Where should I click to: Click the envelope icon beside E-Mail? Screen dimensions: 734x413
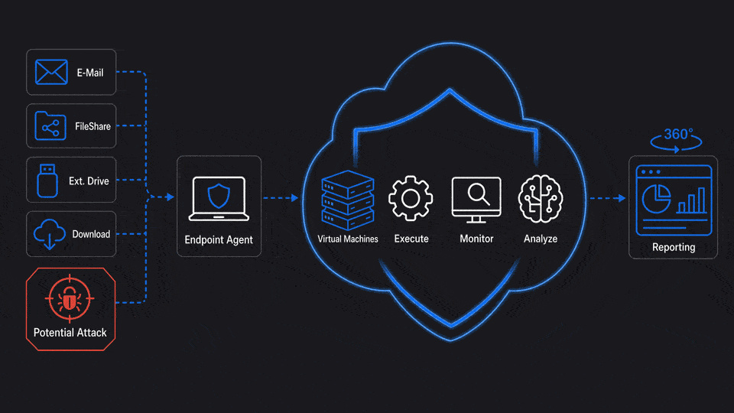pyautogui.click(x=51, y=72)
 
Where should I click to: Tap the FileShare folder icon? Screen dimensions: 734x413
pyautogui.click(x=50, y=126)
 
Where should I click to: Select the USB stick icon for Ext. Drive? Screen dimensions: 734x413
pyautogui.click(x=47, y=180)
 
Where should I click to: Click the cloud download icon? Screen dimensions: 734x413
pyautogui.click(x=49, y=234)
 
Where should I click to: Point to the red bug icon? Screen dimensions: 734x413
pyautogui.click(x=70, y=299)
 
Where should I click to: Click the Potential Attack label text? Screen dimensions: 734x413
pyautogui.click(x=70, y=333)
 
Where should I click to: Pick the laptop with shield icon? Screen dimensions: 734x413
pyautogui.click(x=219, y=199)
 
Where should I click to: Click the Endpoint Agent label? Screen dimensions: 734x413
pyautogui.click(x=219, y=239)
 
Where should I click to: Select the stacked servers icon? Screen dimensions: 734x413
pyautogui.click(x=348, y=200)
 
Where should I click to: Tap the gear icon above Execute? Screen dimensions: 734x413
pyautogui.click(x=411, y=199)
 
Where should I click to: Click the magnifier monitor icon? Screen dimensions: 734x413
pyautogui.click(x=476, y=200)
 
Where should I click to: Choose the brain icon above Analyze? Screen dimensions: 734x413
pyautogui.click(x=541, y=199)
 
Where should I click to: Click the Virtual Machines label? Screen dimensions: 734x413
pyautogui.click(x=348, y=239)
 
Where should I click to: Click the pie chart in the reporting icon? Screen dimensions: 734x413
pyautogui.click(x=656, y=199)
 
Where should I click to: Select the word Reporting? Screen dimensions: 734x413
pyautogui.click(x=674, y=247)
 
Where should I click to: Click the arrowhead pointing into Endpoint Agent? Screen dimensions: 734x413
pyautogui.click(x=171, y=197)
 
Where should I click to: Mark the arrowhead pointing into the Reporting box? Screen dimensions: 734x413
pyautogui.click(x=622, y=198)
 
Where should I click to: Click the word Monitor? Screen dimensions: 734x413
pyautogui.click(x=476, y=239)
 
